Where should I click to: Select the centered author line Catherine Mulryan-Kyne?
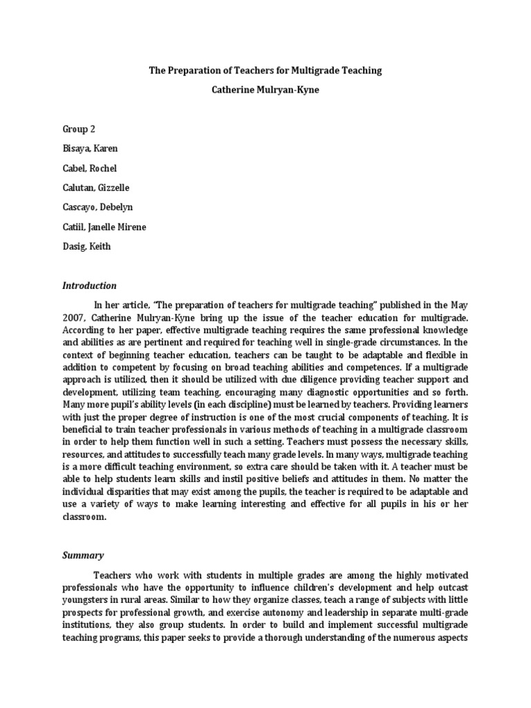coord(265,89)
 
